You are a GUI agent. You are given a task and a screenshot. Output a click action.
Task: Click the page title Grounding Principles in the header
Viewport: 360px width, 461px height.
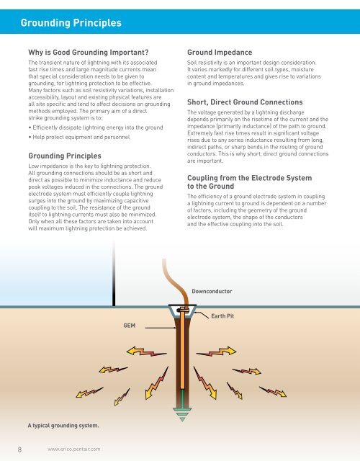click(x=71, y=22)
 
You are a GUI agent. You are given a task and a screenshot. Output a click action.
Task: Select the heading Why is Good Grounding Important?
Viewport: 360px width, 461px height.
click(x=88, y=52)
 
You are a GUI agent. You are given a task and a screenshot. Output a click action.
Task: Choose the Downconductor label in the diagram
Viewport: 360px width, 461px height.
click(x=216, y=292)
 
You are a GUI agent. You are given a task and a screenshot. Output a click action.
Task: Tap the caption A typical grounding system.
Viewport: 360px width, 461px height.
click(x=63, y=425)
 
